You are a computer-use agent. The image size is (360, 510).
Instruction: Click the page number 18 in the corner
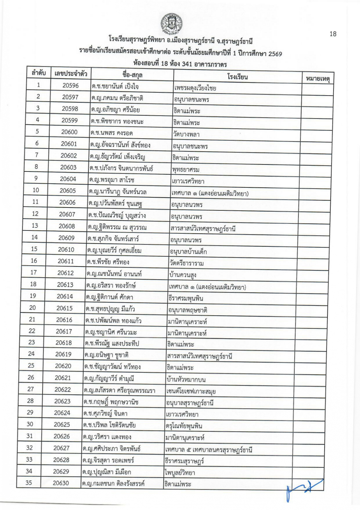333,34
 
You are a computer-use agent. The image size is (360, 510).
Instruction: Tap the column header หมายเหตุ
317,78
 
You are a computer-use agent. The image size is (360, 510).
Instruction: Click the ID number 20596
70,85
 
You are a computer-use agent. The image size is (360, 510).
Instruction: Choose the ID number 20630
61,483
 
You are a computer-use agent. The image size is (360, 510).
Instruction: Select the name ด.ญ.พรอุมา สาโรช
112,179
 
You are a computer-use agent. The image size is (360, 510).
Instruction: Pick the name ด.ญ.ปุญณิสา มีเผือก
106,472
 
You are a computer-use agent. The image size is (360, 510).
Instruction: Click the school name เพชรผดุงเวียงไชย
195,88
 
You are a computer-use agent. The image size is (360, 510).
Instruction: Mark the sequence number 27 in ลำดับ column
31,389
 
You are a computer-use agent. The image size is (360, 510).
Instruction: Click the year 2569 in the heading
275,54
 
